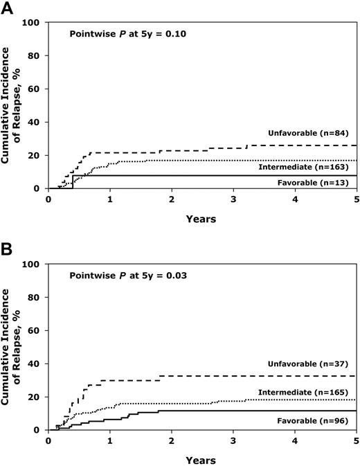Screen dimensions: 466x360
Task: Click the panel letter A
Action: click(x=7, y=8)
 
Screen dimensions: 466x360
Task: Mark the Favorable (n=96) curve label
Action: click(x=318, y=420)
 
